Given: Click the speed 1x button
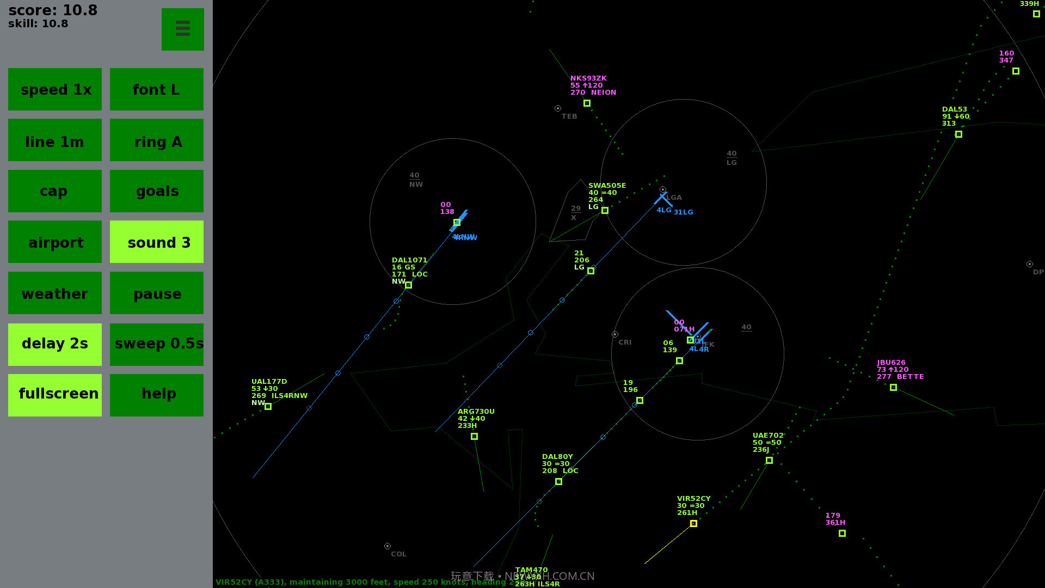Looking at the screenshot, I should click(x=55, y=89).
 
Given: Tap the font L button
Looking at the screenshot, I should click(x=157, y=89).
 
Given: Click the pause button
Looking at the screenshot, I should click(x=157, y=293).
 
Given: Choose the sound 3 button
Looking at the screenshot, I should click(x=157, y=242).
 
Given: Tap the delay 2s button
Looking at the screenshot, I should click(x=55, y=344).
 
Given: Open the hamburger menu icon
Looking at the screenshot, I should click(x=183, y=29).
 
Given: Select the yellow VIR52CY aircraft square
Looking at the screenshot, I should click(x=693, y=523).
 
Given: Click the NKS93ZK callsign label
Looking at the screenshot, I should click(x=588, y=78).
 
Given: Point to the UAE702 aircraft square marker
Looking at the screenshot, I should click(x=769, y=461).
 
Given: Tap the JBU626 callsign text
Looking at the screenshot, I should click(x=891, y=363).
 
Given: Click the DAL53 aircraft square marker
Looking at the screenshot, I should click(x=958, y=134).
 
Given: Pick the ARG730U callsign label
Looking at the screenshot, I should click(x=476, y=412).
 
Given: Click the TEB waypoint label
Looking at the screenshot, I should click(x=569, y=117).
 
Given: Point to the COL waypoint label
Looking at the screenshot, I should click(x=398, y=554).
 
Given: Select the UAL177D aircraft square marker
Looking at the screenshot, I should click(x=268, y=407).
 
